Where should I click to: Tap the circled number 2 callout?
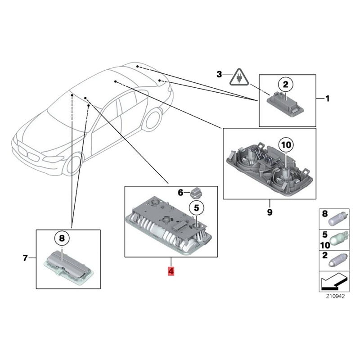click(x=284, y=84)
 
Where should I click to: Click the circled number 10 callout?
click(x=286, y=145)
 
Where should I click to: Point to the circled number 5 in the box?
click(x=196, y=207)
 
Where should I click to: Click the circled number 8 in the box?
click(x=62, y=237)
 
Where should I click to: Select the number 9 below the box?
click(x=270, y=212)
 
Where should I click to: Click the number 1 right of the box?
click(x=328, y=98)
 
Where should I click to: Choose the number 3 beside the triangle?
click(x=220, y=74)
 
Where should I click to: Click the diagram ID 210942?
click(x=335, y=297)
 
